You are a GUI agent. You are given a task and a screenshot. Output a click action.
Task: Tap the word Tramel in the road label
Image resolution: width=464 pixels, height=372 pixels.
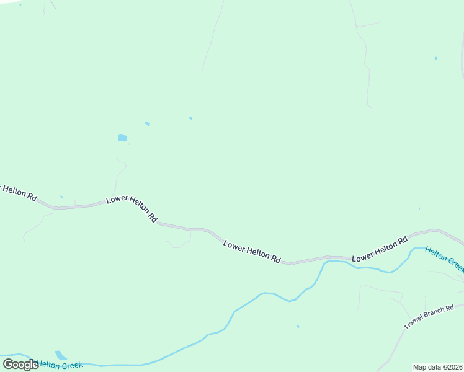(x=414, y=323)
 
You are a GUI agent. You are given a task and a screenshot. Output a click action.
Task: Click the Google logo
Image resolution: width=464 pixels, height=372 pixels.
(x=20, y=365)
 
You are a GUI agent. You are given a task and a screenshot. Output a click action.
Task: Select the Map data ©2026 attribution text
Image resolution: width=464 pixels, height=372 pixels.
(x=437, y=366)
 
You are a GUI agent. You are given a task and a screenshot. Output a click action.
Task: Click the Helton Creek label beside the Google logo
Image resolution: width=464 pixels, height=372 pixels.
(x=60, y=365)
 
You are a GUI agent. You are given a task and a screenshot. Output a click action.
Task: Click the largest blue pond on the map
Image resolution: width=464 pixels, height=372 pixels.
(x=122, y=138)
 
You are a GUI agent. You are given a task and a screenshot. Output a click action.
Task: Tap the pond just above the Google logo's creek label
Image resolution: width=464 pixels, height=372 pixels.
(x=61, y=355)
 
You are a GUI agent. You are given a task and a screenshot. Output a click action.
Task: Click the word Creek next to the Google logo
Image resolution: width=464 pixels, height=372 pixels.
(x=71, y=365)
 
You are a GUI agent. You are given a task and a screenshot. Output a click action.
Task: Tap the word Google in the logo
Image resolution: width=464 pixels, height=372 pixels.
(x=20, y=365)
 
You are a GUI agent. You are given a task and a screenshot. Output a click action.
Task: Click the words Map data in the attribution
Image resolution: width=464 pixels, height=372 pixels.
(x=427, y=366)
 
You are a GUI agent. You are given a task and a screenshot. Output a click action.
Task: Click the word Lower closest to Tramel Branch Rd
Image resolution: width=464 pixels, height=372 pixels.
(x=364, y=254)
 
